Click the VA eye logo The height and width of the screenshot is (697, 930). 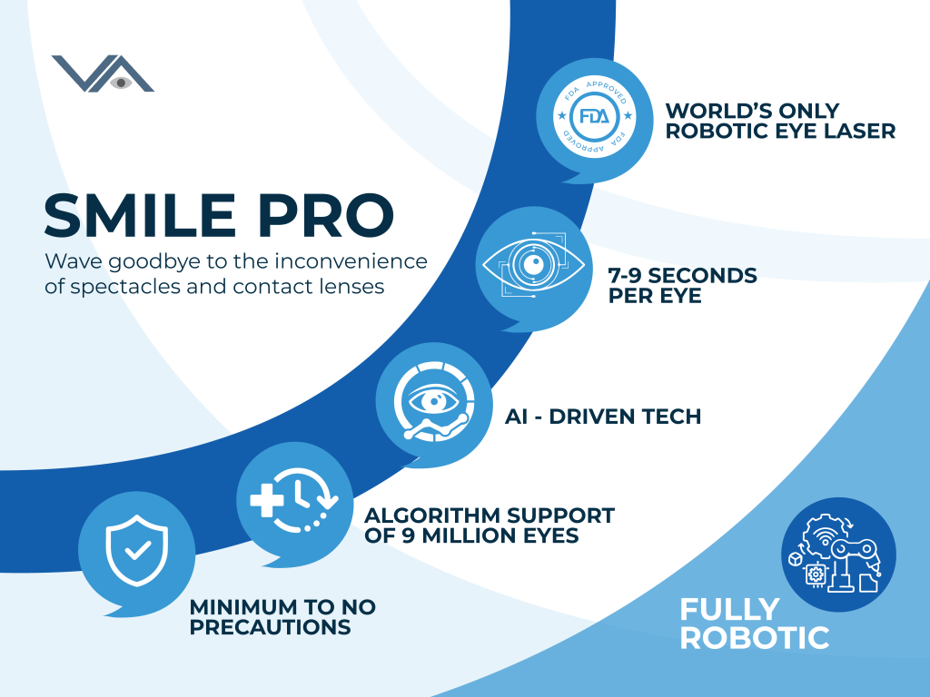coord(103,74)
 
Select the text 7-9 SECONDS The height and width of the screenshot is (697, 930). coord(683,275)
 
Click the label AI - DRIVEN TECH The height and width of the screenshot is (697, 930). coord(603,417)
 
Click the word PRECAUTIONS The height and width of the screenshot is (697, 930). coord(270,627)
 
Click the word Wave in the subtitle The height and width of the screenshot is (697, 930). coord(71,262)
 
